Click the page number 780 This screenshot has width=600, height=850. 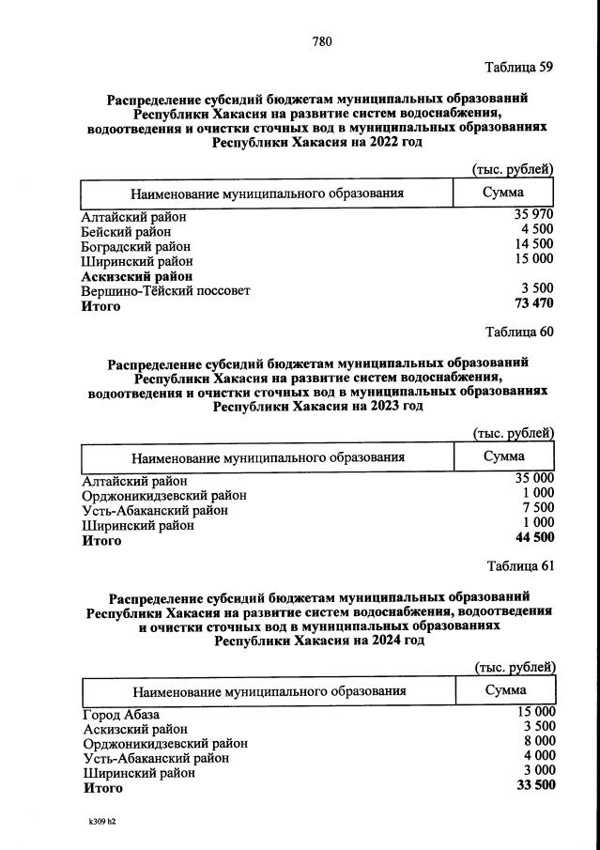coord(321,40)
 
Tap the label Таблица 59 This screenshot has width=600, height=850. coord(518,68)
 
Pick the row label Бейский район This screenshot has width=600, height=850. coord(127,231)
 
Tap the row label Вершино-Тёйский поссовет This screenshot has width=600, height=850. coord(166,290)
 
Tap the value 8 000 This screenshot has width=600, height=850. coord(539,741)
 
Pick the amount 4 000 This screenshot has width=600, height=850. coord(539,756)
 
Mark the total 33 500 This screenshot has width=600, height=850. coord(535,786)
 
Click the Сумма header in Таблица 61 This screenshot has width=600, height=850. coord(505,690)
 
